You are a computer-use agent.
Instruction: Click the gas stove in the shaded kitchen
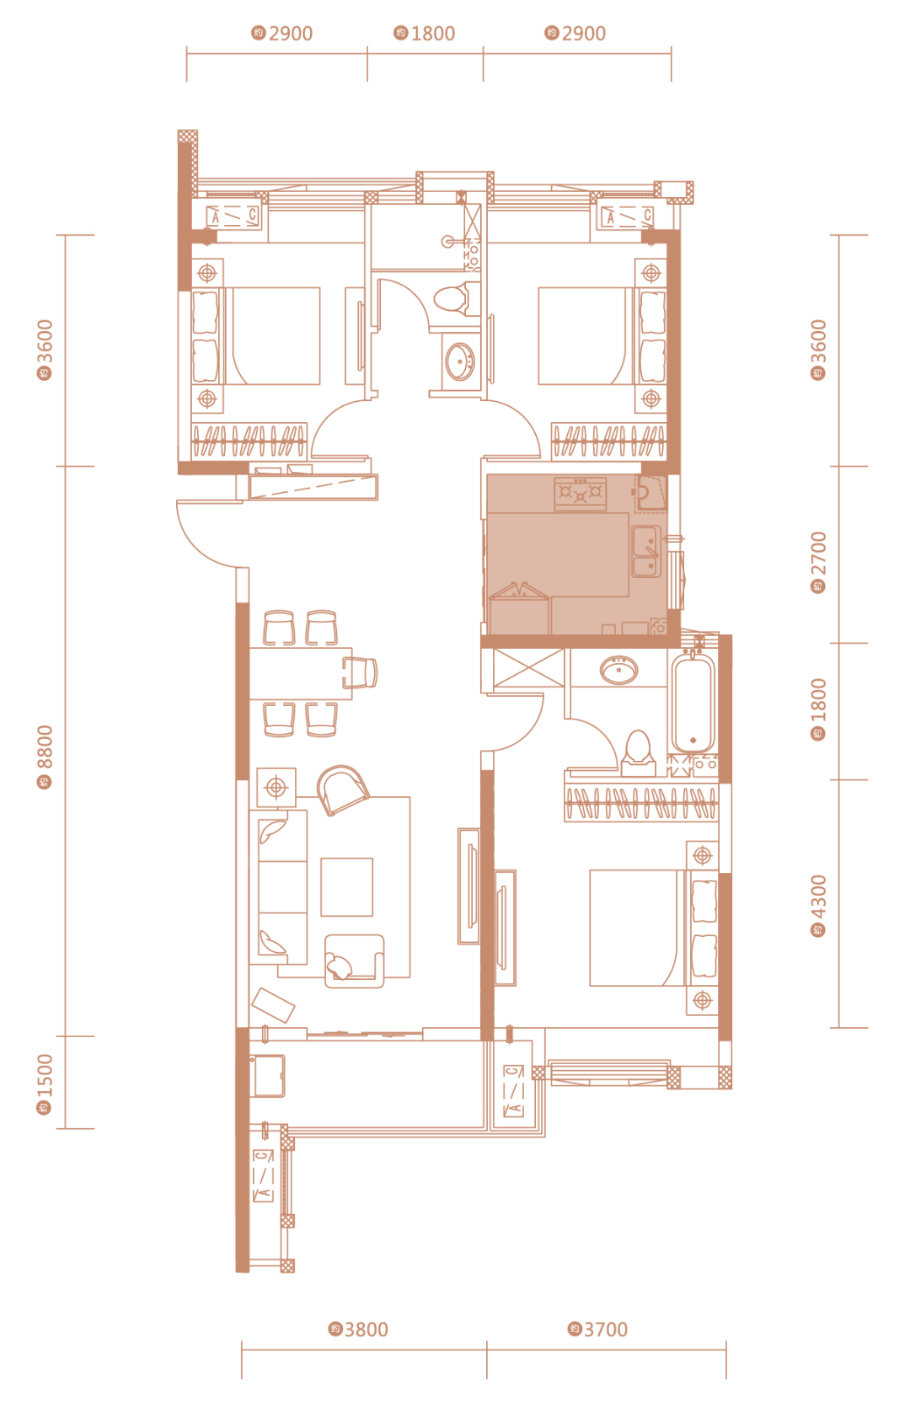pos(581,493)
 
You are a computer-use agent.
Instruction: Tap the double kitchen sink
pos(646,551)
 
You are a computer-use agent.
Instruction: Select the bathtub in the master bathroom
pos(693,702)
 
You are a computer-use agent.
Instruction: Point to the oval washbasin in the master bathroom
pos(619,671)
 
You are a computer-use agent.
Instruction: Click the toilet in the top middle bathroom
pos(456,298)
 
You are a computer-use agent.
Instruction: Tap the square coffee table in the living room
pos(346,887)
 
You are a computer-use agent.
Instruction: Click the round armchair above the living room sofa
pos(342,789)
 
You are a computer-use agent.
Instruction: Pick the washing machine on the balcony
pos(268,1076)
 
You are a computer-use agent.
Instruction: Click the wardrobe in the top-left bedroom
pos(249,441)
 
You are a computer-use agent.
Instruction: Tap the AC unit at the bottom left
pos(264,1175)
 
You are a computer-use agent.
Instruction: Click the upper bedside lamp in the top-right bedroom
pos(651,273)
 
